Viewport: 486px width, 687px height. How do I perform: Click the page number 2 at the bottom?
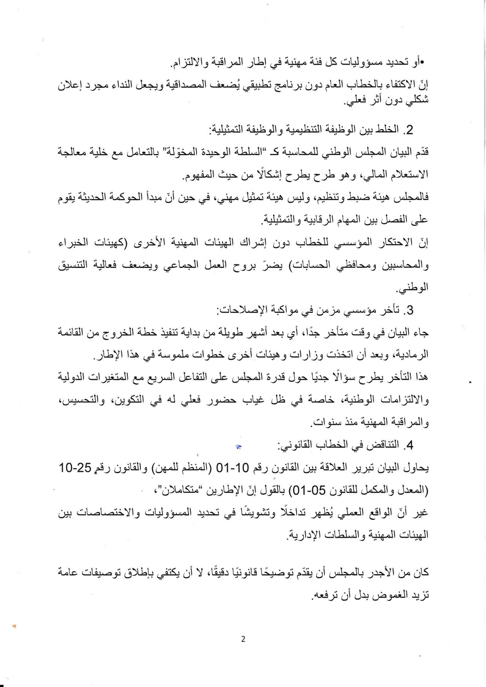[x=243, y=639]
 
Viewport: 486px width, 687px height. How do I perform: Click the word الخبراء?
[x=72, y=243]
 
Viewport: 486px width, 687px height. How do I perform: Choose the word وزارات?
[x=299, y=355]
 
